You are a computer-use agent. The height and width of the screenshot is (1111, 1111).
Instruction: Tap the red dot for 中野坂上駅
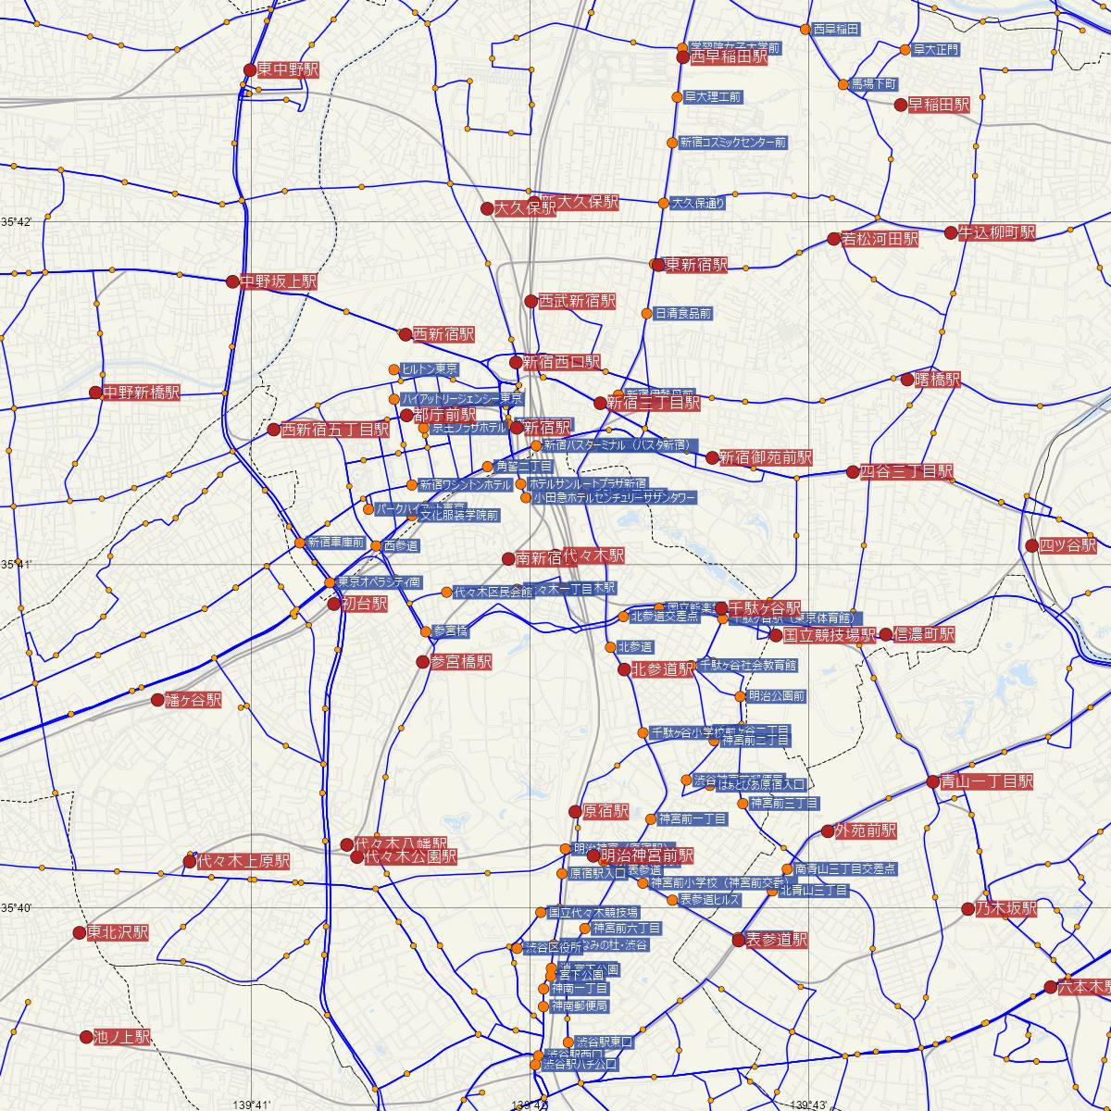point(232,281)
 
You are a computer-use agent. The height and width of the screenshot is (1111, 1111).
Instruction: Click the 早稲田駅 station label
point(938,105)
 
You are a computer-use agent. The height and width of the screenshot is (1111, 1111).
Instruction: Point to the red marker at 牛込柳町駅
point(951,232)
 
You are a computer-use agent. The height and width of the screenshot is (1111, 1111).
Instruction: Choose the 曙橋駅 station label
point(938,380)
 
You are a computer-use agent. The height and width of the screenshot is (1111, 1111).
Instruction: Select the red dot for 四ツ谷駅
point(1032,545)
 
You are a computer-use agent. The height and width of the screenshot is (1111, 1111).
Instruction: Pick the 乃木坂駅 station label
point(1005,908)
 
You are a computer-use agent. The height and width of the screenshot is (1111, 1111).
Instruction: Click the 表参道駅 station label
point(777,940)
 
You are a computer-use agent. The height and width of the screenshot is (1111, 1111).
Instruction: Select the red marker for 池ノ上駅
point(86,1037)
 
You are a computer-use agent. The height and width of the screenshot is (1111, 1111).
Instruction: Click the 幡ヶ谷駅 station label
point(193,700)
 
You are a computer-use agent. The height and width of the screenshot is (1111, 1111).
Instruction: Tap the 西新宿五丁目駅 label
point(334,430)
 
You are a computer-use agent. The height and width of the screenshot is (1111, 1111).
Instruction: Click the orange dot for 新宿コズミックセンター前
point(673,143)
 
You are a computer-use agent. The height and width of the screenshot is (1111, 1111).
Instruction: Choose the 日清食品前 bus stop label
point(682,313)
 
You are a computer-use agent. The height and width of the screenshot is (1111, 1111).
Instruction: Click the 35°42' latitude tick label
point(17,222)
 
